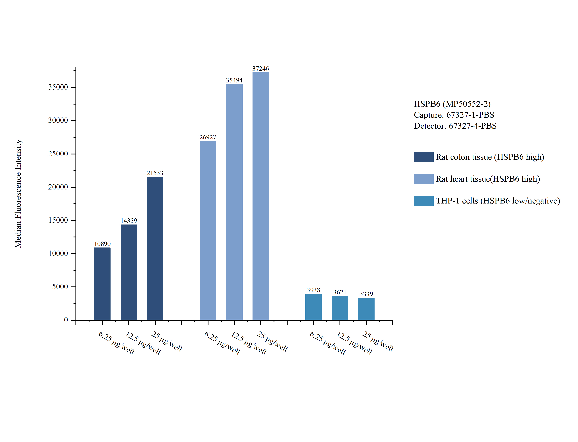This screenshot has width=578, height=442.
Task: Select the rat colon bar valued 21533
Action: (155, 248)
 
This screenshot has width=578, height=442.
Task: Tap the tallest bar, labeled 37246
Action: (261, 196)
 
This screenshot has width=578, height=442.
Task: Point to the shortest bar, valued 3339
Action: (366, 309)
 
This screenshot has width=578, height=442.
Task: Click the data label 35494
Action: (234, 80)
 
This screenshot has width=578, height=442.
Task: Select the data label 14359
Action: (129, 221)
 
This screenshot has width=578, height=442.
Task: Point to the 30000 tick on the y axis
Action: (58, 121)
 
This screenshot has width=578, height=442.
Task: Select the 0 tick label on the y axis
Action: (66, 320)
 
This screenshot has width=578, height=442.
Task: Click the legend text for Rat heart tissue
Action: (488, 179)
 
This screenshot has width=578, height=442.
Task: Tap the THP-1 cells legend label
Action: (498, 201)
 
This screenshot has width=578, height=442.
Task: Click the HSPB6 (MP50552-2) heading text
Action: (452, 104)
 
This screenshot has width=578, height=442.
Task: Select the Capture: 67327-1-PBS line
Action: (454, 115)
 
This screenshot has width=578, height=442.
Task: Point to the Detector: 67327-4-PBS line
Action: (455, 126)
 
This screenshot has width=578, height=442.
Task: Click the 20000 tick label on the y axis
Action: (58, 187)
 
